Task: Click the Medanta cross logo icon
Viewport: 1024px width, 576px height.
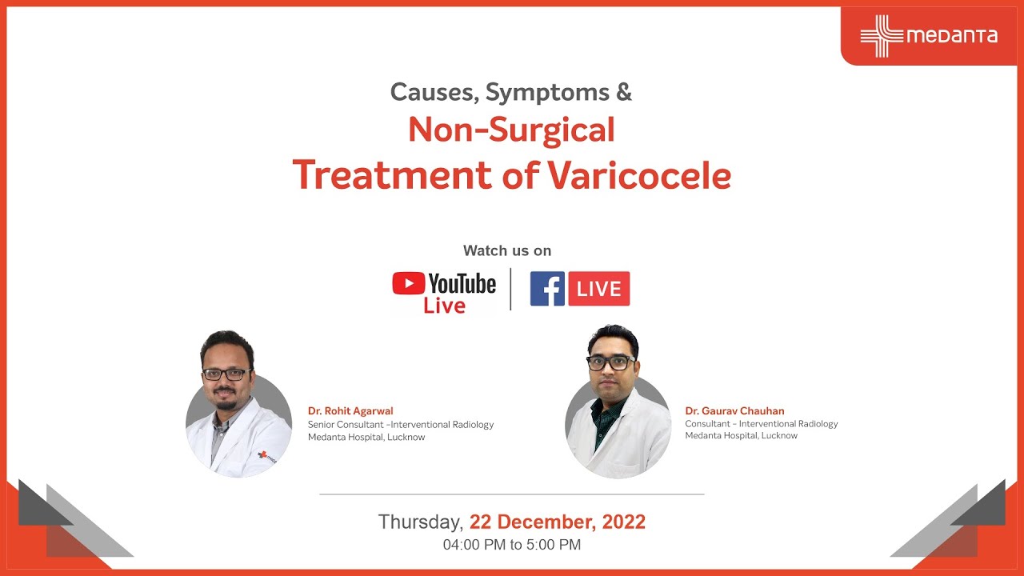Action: pyautogui.click(x=881, y=36)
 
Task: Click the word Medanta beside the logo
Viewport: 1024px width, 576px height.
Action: pyautogui.click(x=952, y=36)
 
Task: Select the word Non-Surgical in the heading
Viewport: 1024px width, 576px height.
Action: pyautogui.click(x=511, y=130)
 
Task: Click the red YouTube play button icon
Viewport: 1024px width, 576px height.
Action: pyautogui.click(x=408, y=283)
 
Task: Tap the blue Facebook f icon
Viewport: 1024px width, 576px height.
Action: pyautogui.click(x=547, y=289)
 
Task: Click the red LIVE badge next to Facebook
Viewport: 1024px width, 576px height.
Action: pyautogui.click(x=598, y=289)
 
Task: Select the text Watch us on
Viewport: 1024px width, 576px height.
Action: pyautogui.click(x=507, y=250)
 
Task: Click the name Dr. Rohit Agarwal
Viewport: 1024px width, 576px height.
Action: pyautogui.click(x=350, y=411)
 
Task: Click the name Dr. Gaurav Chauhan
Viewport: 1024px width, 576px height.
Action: pyautogui.click(x=734, y=411)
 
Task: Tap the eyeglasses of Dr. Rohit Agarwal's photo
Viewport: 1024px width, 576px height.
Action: pyautogui.click(x=227, y=374)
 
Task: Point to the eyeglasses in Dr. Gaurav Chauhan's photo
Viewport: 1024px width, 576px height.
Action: pyautogui.click(x=611, y=362)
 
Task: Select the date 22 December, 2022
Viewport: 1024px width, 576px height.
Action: pyautogui.click(x=558, y=522)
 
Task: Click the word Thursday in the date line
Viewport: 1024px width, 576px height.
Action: pyautogui.click(x=420, y=522)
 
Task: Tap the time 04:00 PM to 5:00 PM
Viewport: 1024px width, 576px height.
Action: pyautogui.click(x=512, y=545)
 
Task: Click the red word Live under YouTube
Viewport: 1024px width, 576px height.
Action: pyautogui.click(x=444, y=306)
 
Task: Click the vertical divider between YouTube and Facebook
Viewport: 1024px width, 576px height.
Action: pyautogui.click(x=511, y=289)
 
